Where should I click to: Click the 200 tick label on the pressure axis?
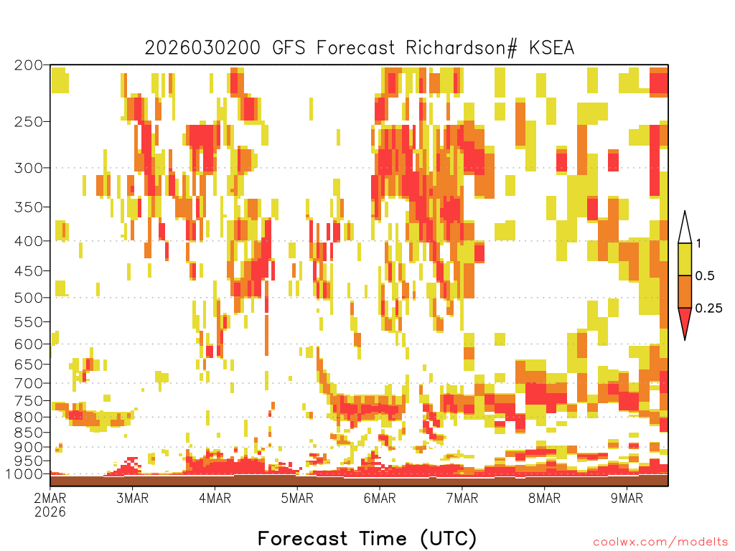tap(29, 65)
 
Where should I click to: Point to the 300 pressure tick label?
tap(29, 168)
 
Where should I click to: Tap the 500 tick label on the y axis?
tap(29, 298)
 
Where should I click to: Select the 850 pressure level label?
tap(29, 433)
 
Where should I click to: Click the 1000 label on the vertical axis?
tap(24, 474)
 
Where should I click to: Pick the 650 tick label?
tap(29, 364)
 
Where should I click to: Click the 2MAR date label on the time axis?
tap(50, 498)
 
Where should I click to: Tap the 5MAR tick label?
tap(297, 498)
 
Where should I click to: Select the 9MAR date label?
tap(627, 498)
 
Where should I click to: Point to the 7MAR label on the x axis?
tap(462, 498)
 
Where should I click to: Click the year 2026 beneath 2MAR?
tap(50, 512)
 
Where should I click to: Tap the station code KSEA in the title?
tap(552, 48)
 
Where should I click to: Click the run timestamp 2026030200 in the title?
tap(202, 48)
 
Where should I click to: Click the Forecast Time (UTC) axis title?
tap(367, 539)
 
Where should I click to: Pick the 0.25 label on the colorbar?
tap(708, 309)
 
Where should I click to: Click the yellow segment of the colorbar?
tap(685, 259)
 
